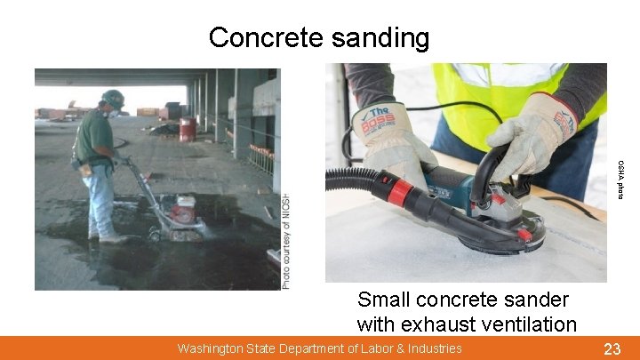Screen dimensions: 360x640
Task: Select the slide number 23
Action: [612, 348]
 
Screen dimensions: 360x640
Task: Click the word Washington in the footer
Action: [214, 348]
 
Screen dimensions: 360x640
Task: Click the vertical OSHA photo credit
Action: [620, 178]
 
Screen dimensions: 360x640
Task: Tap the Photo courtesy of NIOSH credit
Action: [286, 240]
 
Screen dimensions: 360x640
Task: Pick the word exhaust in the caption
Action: [431, 324]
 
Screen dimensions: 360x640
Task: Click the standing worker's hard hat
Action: [113, 98]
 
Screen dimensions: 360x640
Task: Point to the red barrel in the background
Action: [188, 130]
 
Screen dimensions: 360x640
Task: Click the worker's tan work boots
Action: [111, 237]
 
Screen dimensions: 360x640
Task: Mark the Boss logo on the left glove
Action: [379, 123]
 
